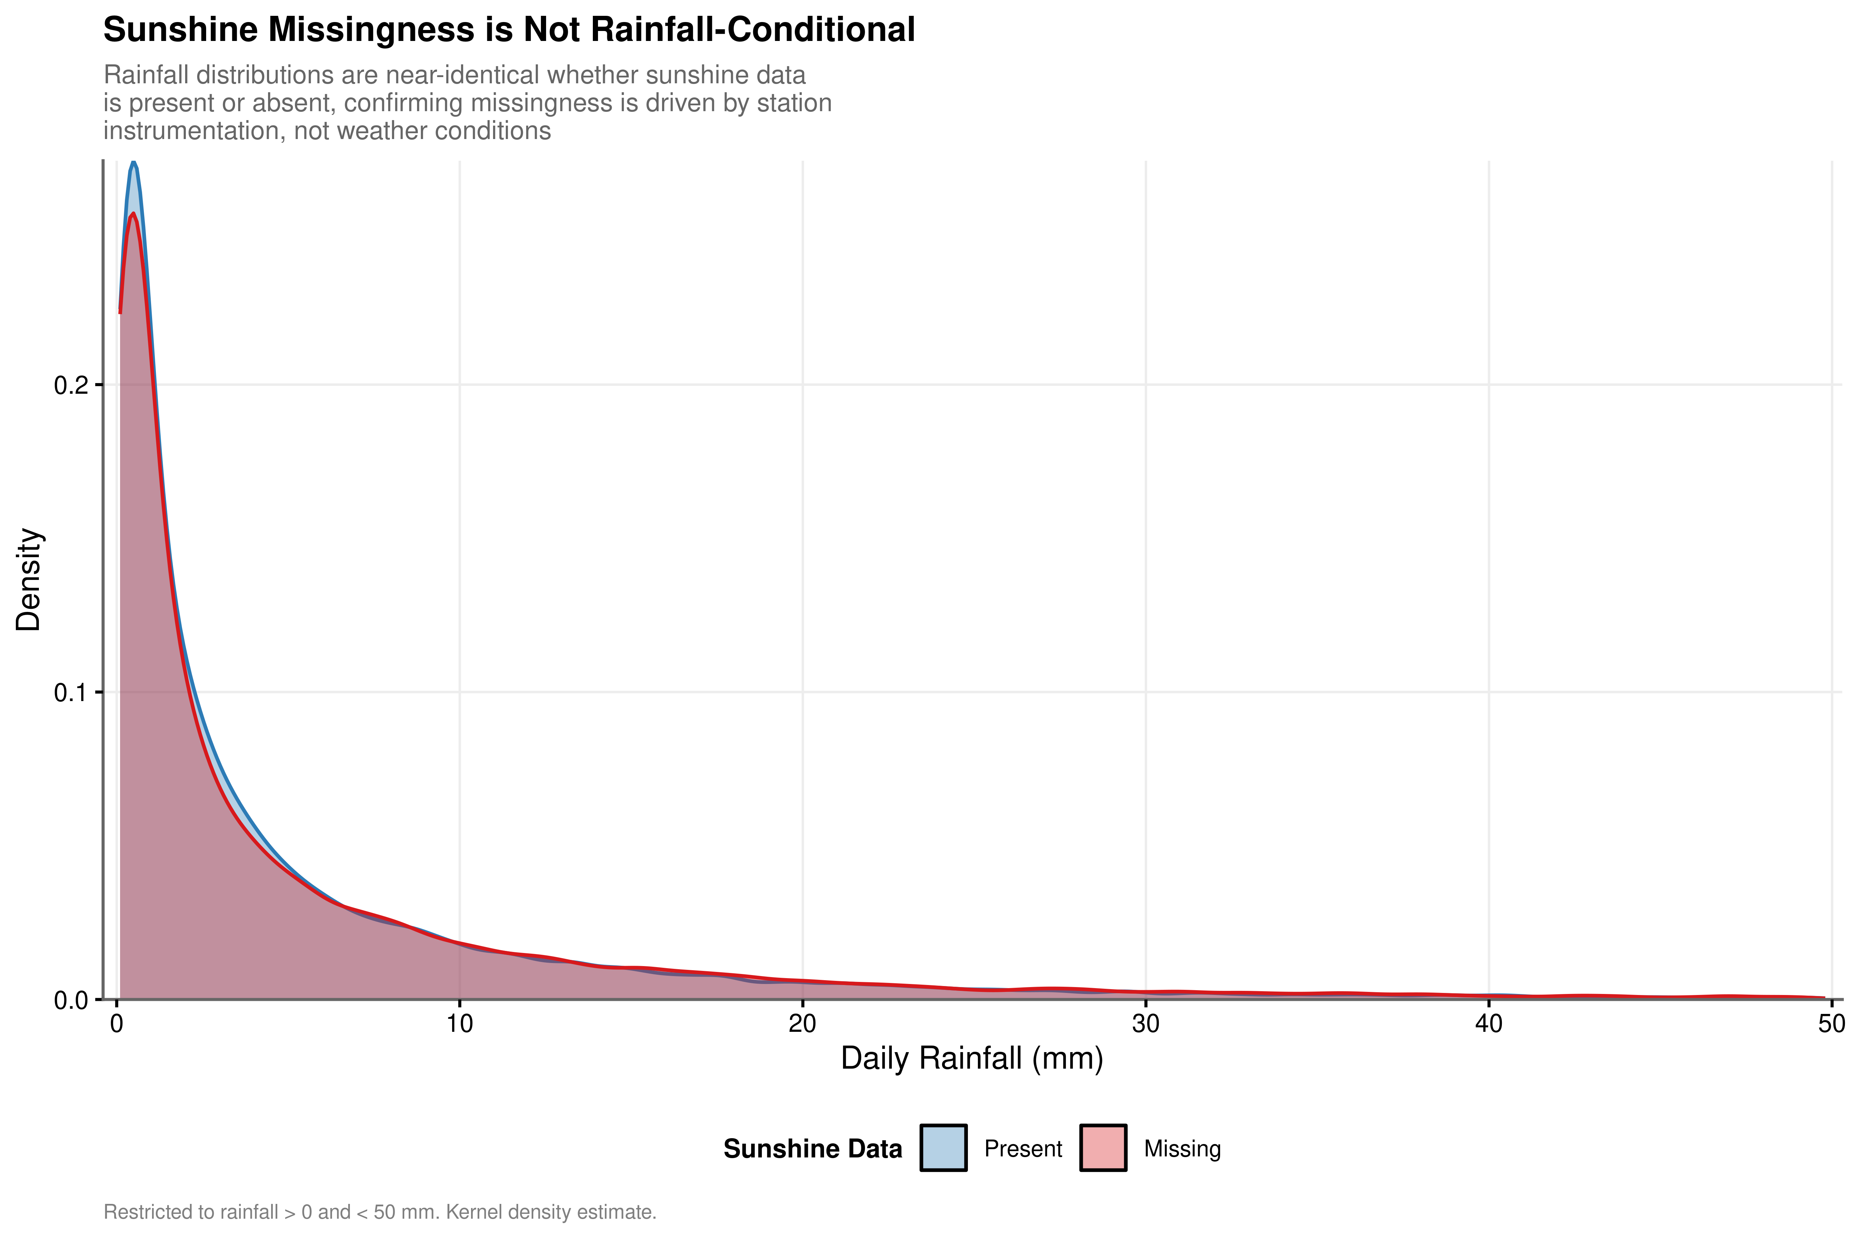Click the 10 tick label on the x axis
pos(460,1024)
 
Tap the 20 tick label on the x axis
pos(803,1024)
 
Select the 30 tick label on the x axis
pos(1145,1024)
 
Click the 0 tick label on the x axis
pos(117,1024)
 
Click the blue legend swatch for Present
pos(943,1148)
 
